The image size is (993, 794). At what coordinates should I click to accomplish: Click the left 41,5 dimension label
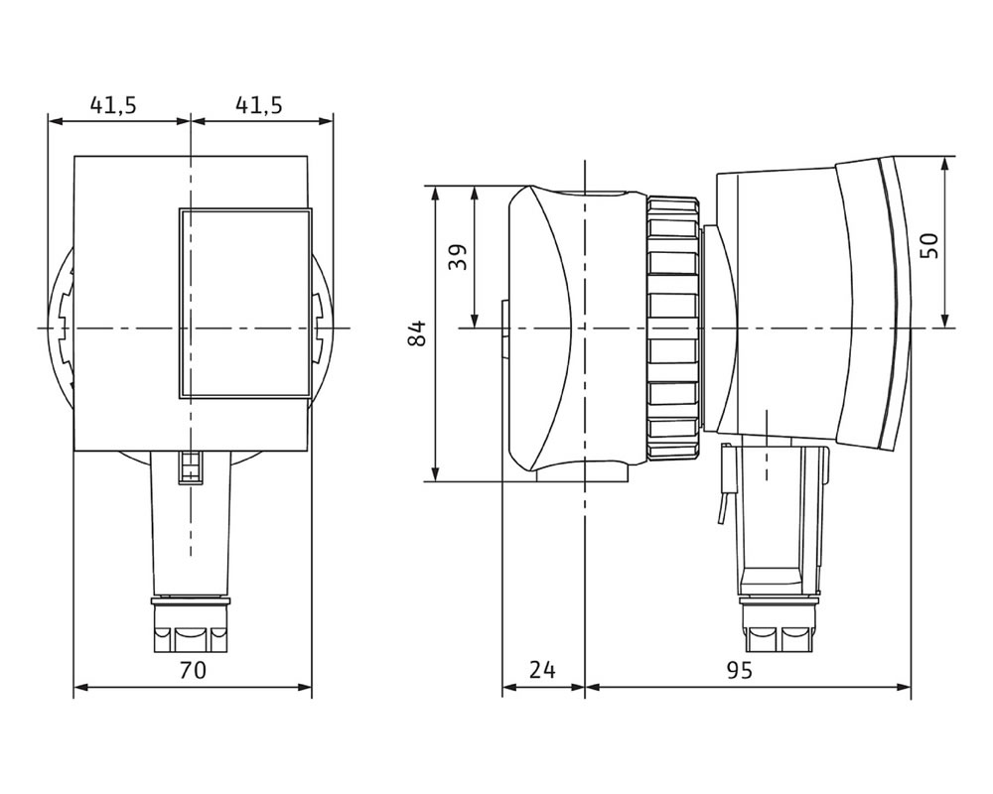(113, 104)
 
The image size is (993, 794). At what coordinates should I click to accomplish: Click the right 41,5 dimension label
(259, 104)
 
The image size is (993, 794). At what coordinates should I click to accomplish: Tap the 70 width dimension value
(193, 669)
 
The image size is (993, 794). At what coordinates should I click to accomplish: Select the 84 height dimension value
(417, 333)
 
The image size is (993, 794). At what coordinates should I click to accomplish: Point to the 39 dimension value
(458, 257)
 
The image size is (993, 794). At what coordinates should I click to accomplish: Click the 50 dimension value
(929, 246)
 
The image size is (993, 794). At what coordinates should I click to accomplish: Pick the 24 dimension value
(543, 669)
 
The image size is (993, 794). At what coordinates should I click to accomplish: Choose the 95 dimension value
(739, 669)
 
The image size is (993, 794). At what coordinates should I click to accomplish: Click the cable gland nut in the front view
(192, 624)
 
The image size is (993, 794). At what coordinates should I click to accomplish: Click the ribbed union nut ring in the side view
(674, 328)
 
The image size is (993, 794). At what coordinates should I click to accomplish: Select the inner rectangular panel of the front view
(245, 304)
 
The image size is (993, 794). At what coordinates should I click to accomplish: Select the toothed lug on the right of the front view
(319, 329)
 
